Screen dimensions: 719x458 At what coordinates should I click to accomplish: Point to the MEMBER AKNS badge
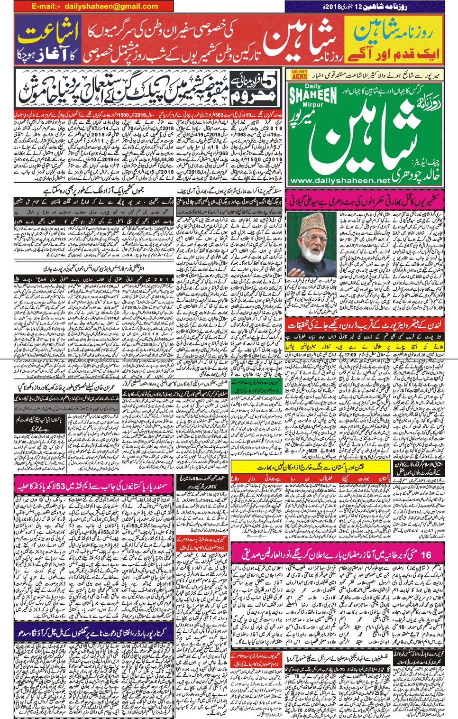[x=299, y=74]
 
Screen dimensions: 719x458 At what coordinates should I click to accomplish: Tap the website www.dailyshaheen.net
[x=339, y=181]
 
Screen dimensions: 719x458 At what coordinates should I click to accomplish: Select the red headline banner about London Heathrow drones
[x=365, y=325]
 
